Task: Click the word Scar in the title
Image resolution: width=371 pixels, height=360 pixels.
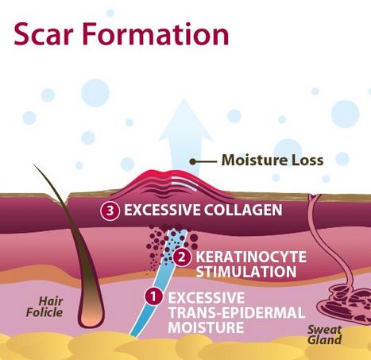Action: point(44,34)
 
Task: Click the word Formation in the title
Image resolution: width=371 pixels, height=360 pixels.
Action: point(156,33)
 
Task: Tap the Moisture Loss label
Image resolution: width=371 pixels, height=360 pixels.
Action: point(272,161)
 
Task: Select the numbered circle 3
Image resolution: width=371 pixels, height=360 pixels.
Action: point(110,211)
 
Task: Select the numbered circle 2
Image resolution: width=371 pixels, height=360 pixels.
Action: point(181,257)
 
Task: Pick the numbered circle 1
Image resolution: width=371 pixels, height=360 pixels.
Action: point(153,296)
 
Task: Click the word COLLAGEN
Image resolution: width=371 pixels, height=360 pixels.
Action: point(243,210)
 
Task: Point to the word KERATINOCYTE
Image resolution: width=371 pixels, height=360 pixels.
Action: point(251,257)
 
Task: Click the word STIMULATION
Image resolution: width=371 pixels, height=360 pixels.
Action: point(246,272)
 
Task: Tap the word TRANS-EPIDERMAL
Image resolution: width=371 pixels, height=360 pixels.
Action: point(237,312)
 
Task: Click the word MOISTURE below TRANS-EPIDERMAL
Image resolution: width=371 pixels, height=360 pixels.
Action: point(206,327)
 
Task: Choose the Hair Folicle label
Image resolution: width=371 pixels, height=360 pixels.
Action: point(44,307)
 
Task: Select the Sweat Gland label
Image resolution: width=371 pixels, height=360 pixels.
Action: point(325,335)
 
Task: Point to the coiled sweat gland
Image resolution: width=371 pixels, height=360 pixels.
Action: point(345,303)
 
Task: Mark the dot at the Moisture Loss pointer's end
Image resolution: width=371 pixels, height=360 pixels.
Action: point(193,161)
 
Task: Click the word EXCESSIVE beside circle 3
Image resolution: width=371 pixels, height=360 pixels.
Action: point(162,210)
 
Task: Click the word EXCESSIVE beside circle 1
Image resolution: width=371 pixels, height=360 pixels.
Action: point(207,298)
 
